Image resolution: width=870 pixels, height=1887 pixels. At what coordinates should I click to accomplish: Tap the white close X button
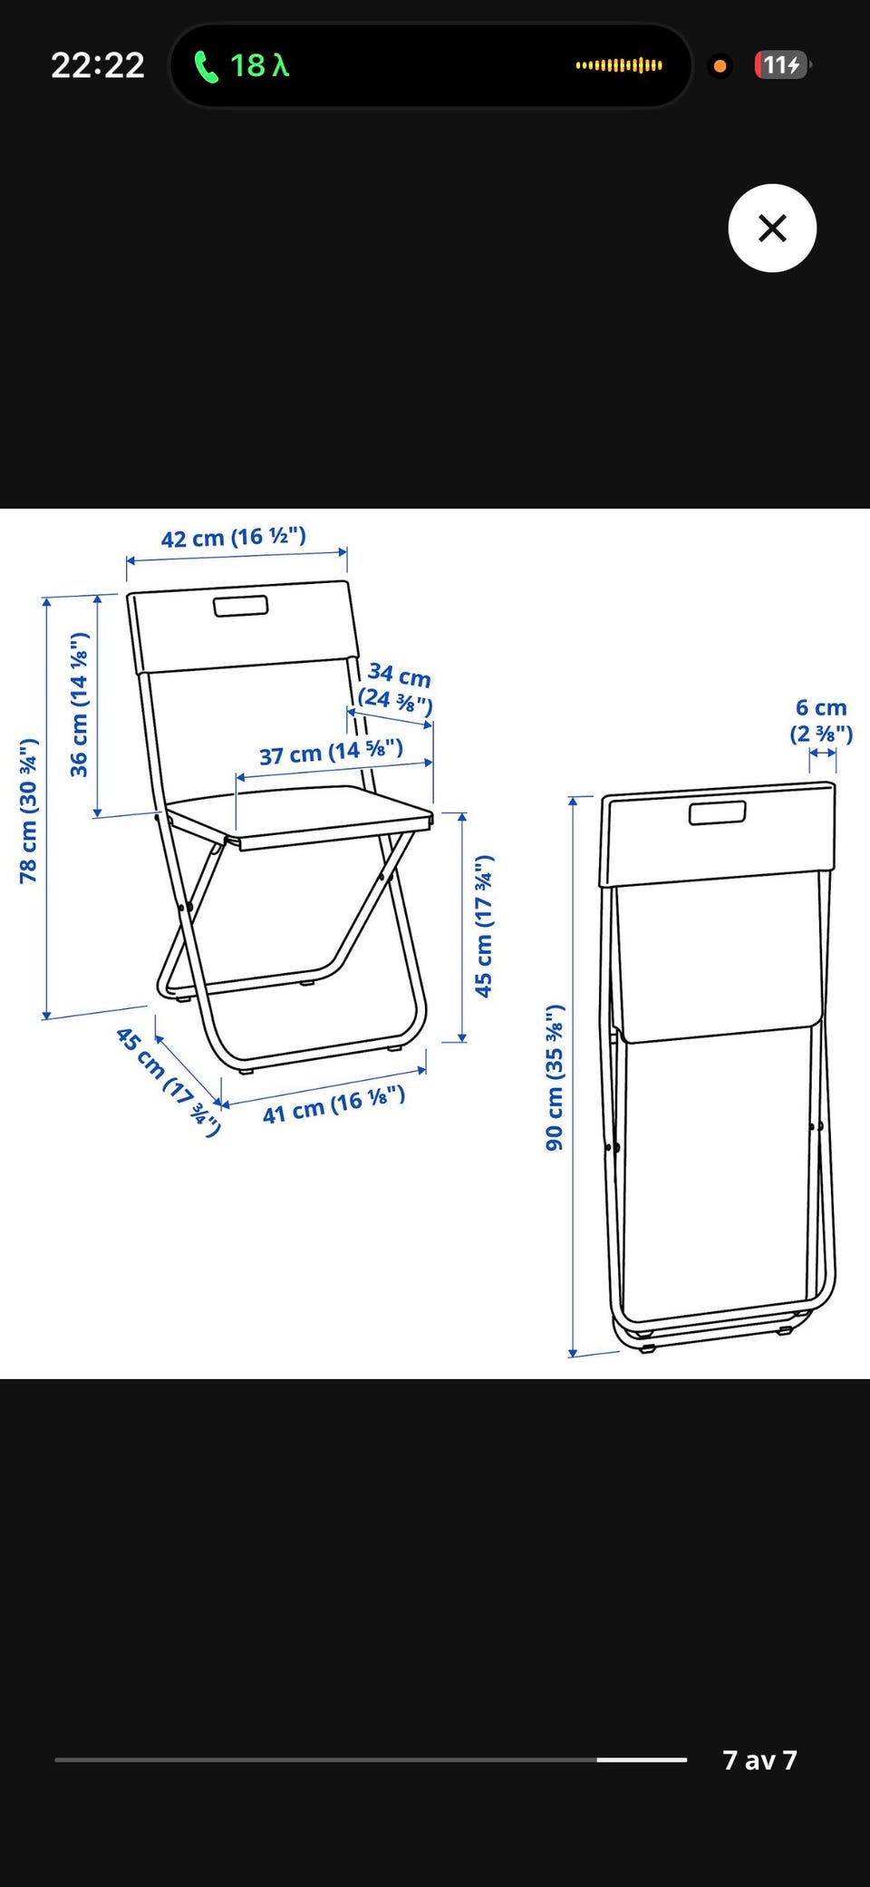pos(772,228)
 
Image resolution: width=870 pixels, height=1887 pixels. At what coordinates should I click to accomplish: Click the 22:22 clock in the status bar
pos(98,65)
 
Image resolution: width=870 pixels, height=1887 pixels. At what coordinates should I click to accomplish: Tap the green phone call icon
pos(207,66)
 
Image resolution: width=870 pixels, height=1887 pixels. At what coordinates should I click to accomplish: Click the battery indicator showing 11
pos(782,65)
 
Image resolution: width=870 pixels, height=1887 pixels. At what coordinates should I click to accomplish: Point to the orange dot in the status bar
pos(720,66)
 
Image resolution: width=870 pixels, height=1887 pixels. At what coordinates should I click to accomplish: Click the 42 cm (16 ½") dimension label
pos(234,538)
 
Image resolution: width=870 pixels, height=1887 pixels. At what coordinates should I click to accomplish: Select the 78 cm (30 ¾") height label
pos(29,811)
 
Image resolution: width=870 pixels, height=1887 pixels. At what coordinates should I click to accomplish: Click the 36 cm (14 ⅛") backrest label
pos(80,705)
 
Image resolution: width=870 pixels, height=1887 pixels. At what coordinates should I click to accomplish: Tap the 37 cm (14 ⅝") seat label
pos(331,753)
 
